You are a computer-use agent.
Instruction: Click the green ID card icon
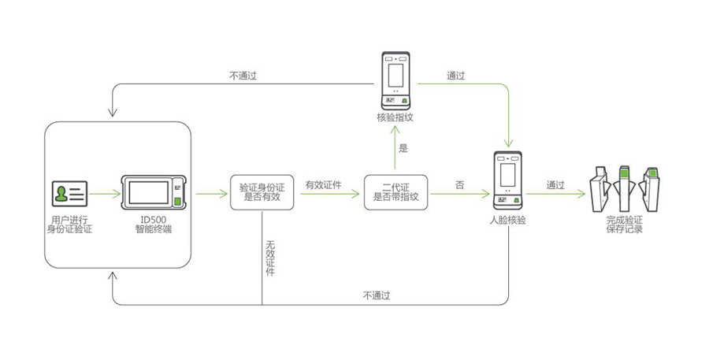(69, 194)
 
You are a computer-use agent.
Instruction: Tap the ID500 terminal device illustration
(154, 193)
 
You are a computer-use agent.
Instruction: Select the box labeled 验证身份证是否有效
(262, 193)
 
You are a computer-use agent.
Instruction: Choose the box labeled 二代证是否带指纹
(395, 193)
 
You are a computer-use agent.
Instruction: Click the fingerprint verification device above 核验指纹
(395, 81)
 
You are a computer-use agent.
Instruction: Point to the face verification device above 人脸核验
(507, 180)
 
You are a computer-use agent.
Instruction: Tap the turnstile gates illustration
(624, 188)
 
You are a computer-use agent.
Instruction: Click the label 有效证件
(323, 185)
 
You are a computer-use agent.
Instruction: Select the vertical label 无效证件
(270, 258)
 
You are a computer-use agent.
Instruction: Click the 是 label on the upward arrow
(403, 148)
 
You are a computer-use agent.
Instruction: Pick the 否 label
(459, 185)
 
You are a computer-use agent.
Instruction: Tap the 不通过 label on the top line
(243, 76)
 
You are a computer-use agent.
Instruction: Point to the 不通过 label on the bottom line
(377, 295)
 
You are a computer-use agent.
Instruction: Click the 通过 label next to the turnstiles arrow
(555, 185)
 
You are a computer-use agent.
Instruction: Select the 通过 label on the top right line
(456, 76)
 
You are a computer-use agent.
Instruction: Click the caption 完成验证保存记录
(625, 225)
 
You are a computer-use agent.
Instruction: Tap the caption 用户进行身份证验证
(69, 225)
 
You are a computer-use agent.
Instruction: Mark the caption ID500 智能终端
(154, 225)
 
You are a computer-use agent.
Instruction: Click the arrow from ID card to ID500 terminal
(105, 194)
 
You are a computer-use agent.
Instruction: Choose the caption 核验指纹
(395, 117)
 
